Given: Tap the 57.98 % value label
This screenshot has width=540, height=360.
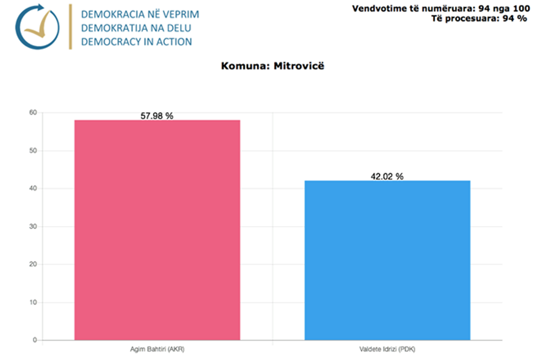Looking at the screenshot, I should click(157, 116).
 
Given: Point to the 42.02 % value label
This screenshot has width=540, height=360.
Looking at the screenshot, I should click(387, 176).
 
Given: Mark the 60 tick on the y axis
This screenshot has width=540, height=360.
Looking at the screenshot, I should click(33, 112).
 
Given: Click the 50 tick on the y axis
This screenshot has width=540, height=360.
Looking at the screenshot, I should click(33, 151).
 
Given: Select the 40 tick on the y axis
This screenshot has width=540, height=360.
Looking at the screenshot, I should click(33, 189).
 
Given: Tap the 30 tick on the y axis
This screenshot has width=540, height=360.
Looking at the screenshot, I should click(33, 227).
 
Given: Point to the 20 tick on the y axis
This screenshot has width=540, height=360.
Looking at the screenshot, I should click(33, 264).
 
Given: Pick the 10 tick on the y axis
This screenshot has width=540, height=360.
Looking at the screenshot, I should click(33, 302).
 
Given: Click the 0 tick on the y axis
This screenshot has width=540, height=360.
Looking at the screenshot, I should click(34, 340).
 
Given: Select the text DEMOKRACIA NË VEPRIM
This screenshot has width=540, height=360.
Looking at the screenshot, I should click(139, 13).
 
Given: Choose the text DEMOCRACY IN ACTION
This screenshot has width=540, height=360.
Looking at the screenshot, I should click(136, 41).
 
